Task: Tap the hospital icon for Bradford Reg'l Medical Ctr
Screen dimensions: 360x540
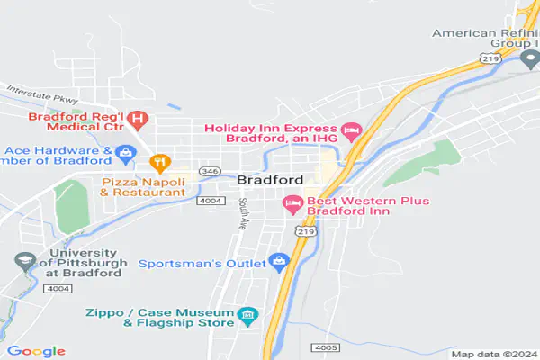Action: (138, 117)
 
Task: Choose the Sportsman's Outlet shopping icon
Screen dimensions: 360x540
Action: (278, 263)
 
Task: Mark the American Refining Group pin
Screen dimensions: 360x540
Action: (530, 59)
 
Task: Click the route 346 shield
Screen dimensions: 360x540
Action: (209, 170)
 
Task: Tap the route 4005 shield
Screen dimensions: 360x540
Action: (325, 346)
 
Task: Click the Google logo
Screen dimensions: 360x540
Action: (36, 350)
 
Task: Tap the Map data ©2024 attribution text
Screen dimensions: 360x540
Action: (493, 354)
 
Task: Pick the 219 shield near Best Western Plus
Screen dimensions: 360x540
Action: (307, 231)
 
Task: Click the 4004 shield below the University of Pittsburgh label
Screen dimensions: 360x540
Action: (57, 288)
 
